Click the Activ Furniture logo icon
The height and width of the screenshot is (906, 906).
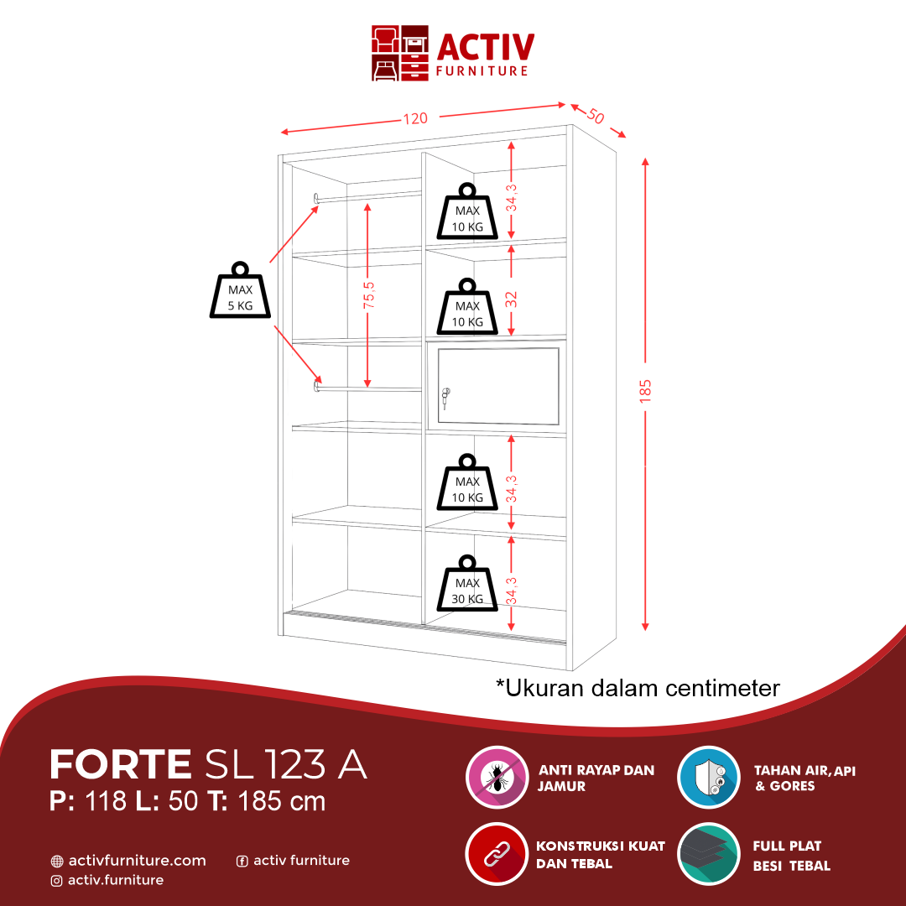click(x=400, y=53)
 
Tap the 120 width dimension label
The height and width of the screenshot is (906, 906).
click(x=415, y=118)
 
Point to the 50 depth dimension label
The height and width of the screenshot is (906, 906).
click(x=595, y=116)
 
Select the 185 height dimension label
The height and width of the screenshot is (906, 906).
click(x=644, y=391)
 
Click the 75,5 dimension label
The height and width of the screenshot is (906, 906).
click(x=368, y=295)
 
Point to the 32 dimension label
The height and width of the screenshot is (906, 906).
click(x=511, y=299)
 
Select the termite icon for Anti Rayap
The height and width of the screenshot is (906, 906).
click(x=497, y=777)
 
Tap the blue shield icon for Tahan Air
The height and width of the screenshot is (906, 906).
click(x=709, y=777)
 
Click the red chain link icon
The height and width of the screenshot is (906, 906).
click(x=497, y=854)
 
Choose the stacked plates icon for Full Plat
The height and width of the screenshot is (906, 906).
click(x=709, y=854)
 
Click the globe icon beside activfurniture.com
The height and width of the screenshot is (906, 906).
click(x=57, y=861)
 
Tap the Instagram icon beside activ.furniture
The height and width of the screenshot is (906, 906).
click(x=57, y=880)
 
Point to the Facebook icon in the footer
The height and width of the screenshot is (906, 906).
click(x=242, y=861)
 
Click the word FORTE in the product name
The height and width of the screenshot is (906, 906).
click(x=121, y=764)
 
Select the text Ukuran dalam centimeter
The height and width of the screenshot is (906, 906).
click(x=638, y=688)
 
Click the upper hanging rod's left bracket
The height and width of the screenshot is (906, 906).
click(x=317, y=198)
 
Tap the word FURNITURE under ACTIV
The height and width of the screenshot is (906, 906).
click(x=482, y=71)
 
